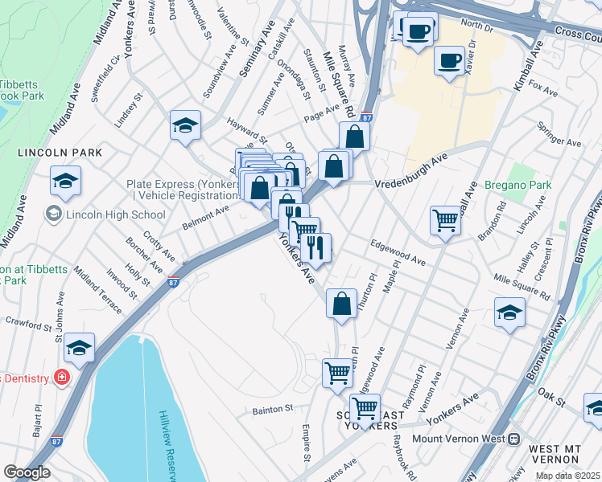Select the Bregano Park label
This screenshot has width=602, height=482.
coord(517,186)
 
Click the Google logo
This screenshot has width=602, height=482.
coord(27,472)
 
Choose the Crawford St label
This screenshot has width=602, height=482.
coord(27,325)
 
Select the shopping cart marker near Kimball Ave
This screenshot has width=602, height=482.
coord(445,219)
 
